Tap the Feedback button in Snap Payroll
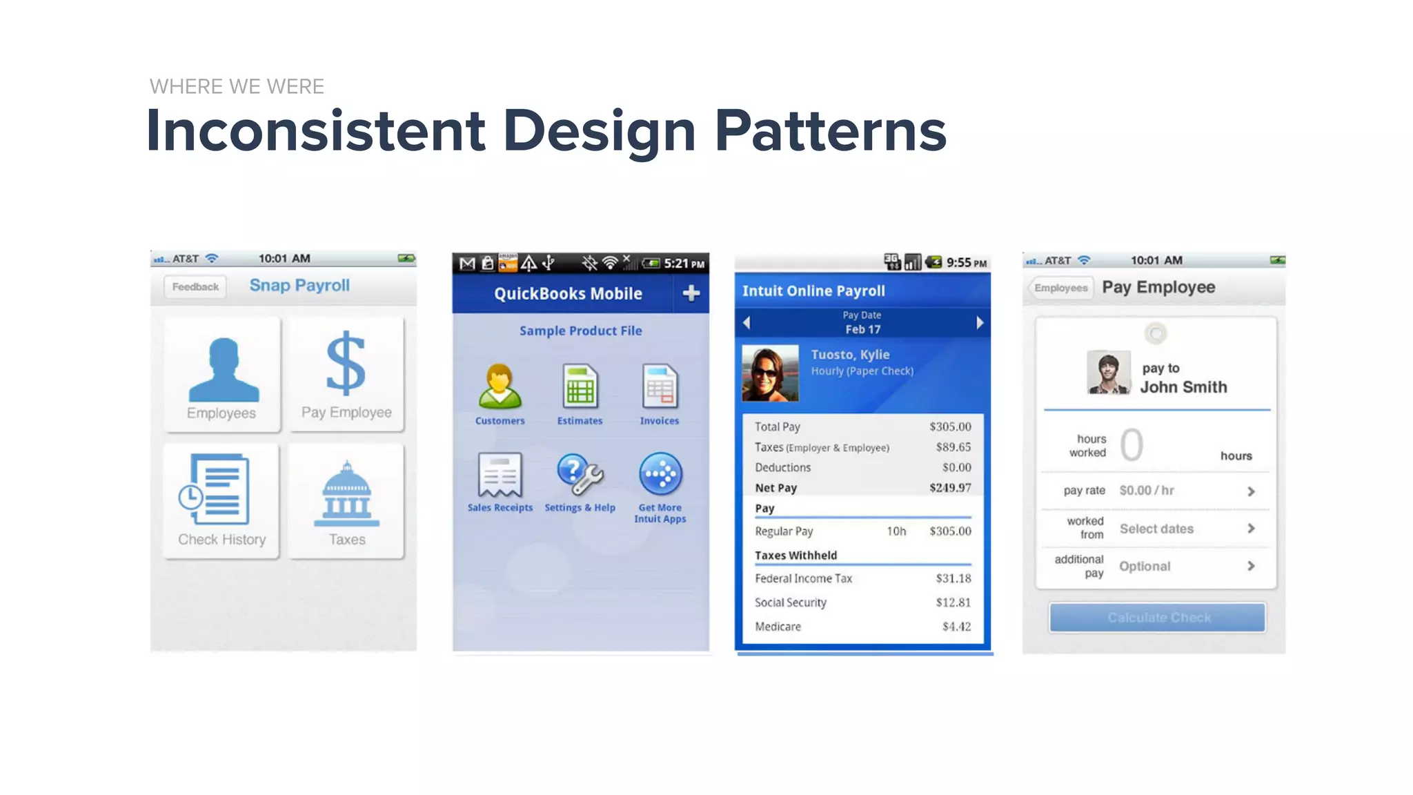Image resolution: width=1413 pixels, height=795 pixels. [195, 287]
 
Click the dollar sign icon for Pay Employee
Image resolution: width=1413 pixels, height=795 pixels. [346, 363]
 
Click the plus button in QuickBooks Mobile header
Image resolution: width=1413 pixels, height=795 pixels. [691, 293]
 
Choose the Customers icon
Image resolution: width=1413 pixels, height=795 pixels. [500, 386]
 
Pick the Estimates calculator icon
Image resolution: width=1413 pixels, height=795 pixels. [580, 386]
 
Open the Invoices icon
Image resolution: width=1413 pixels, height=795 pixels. [660, 386]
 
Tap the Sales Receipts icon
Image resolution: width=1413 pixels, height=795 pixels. [500, 474]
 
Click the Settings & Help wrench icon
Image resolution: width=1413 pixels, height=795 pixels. [580, 474]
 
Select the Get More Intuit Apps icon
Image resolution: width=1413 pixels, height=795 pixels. [660, 474]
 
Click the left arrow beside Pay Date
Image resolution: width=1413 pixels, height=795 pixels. [747, 322]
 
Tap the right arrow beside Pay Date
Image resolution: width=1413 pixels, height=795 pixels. [980, 322]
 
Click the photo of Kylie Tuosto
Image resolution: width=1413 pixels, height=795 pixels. [770, 373]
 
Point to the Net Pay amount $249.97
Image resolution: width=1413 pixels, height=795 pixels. [950, 488]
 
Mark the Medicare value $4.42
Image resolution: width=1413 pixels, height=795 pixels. [956, 627]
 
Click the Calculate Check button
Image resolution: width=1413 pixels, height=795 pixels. [1158, 618]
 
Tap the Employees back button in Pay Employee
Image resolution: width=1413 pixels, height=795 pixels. [1060, 288]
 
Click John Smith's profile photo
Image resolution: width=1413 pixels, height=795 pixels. [1108, 373]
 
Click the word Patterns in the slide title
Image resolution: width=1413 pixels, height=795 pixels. [830, 131]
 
